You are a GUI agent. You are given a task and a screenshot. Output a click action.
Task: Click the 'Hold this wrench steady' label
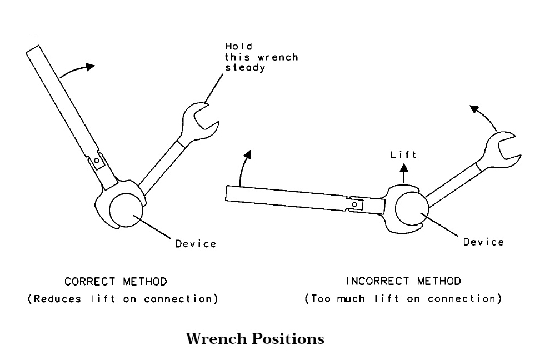point(261,57)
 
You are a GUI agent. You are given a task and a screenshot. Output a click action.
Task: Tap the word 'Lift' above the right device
point(403,155)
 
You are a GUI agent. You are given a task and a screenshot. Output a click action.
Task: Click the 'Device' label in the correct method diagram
point(196,243)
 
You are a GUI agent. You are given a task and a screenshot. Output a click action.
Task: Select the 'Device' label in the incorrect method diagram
point(483,242)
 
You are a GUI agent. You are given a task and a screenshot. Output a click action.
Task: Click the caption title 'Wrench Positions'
point(256,339)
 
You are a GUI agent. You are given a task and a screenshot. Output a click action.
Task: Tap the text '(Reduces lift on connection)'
point(123,299)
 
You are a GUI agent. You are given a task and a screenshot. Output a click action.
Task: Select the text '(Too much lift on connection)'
point(403,299)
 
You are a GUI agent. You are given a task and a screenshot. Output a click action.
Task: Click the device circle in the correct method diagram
point(127,209)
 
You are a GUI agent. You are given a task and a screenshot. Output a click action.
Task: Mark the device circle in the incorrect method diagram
point(412,211)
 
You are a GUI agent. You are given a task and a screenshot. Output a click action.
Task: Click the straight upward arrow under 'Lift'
point(404,171)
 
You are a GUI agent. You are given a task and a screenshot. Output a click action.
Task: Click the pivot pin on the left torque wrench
point(97,161)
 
